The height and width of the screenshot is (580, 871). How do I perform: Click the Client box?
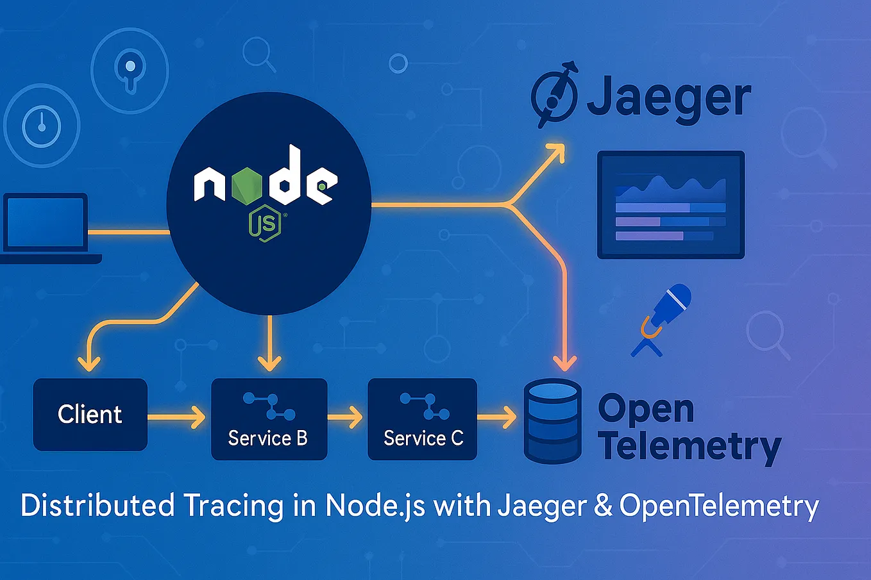90,414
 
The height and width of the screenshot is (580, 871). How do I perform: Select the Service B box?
269,419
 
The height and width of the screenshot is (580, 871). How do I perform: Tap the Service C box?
422,419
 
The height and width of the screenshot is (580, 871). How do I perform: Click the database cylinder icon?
552,420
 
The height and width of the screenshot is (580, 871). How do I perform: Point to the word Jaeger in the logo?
668,99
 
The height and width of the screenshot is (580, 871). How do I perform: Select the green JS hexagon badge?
265,223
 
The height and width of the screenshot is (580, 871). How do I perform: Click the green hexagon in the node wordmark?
247,184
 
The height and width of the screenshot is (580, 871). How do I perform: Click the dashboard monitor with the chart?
671,204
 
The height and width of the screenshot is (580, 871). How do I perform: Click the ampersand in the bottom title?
603,506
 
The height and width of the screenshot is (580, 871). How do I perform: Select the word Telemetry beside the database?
689,447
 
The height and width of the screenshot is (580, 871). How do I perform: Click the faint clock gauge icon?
42,125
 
